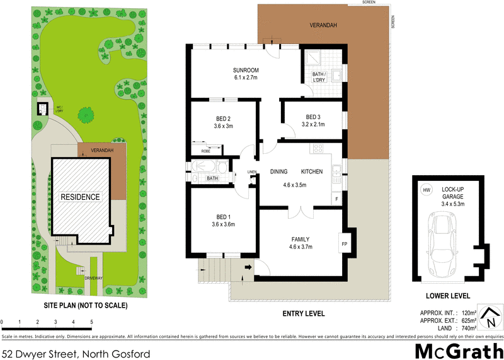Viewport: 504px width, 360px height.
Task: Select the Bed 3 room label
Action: click(313, 117)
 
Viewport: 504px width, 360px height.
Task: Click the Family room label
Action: click(300, 239)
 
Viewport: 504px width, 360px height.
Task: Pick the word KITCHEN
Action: click(312, 171)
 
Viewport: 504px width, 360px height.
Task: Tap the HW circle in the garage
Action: click(427, 190)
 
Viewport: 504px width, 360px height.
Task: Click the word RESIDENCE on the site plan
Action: click(80, 197)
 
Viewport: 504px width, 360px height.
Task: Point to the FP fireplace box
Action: click(345, 243)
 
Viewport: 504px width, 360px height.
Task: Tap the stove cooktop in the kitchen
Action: click(318, 149)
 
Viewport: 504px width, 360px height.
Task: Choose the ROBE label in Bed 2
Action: click(205, 151)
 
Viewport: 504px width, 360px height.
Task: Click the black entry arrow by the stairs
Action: click(248, 267)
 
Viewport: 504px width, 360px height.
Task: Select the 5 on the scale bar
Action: click(92, 323)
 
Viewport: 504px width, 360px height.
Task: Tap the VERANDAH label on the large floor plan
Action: click(323, 25)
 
